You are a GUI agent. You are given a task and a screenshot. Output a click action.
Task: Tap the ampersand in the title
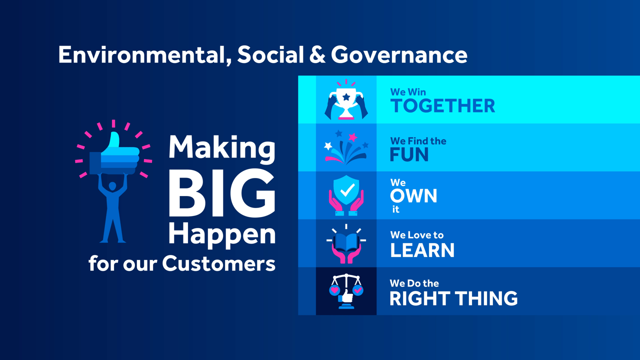coord(317,54)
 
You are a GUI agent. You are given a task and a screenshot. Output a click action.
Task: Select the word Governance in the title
coord(399,54)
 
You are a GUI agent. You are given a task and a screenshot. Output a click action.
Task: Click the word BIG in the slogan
coord(222,193)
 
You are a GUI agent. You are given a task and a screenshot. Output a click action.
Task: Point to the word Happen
coord(222,235)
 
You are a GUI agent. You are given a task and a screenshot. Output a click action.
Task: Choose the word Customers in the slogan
coord(218,263)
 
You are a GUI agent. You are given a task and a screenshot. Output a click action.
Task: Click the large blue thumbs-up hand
coord(114,154)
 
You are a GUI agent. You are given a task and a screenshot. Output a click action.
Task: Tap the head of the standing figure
coord(112,186)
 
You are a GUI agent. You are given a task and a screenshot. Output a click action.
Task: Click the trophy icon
coord(346,99)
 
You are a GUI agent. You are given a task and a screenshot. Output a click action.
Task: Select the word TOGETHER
coord(442,105)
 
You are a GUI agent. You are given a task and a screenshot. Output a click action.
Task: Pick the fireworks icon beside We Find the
coord(346,147)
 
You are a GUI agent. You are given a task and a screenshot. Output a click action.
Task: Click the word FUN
coord(409,155)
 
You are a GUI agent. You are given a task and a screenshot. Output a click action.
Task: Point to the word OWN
coord(413,195)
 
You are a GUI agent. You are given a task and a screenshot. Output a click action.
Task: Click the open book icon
coord(346,243)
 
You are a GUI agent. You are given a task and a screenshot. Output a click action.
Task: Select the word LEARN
coord(422,250)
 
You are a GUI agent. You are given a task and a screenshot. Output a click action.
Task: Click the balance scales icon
coord(346,291)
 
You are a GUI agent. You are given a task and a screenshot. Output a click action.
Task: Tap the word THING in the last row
coord(486,298)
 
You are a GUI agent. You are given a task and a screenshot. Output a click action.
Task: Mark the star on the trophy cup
coord(346,97)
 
